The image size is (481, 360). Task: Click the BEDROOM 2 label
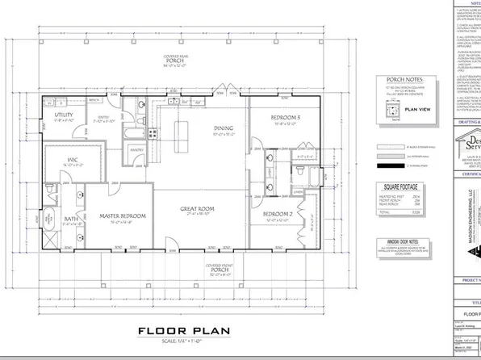pyautogui.click(x=281, y=213)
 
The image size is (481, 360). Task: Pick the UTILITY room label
pyautogui.click(x=65, y=115)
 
